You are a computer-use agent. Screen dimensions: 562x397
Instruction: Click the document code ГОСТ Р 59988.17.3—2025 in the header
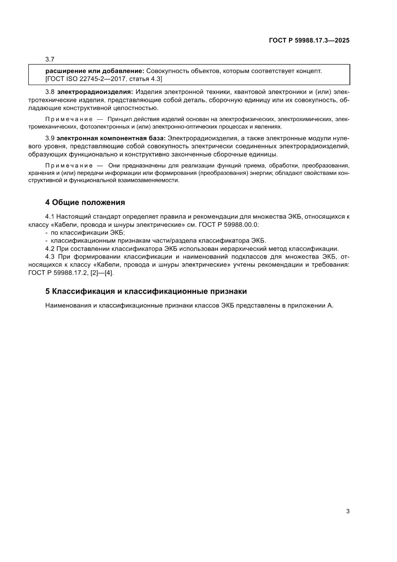tap(309, 41)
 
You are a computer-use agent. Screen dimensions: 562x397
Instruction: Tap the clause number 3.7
tap(50, 60)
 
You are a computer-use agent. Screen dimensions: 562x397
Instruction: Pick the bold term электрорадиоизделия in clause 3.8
tap(95, 92)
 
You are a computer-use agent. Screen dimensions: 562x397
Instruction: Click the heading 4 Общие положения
tap(85, 202)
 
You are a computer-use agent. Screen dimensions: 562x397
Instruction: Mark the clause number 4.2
tap(50, 249)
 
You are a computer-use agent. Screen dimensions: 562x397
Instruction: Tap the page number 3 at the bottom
tap(347, 511)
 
